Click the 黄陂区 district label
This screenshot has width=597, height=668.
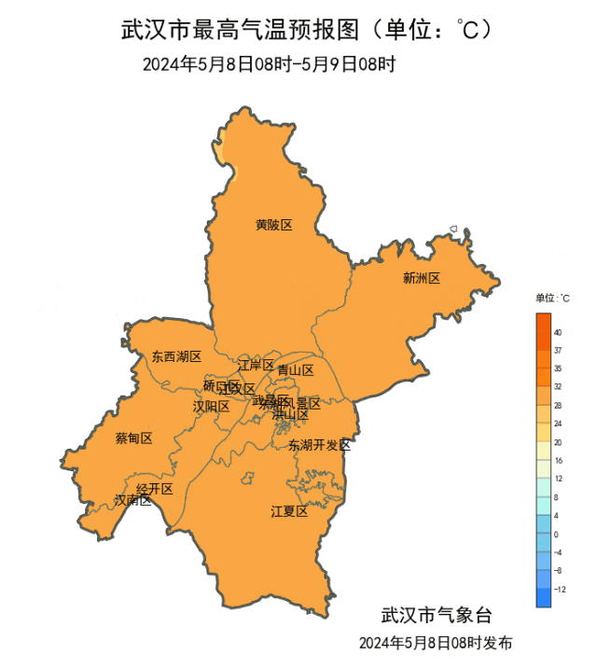click(274, 225)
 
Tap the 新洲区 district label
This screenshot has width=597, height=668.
click(421, 278)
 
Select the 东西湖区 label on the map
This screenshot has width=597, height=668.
click(176, 356)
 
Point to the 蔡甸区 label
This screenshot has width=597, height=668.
click(133, 438)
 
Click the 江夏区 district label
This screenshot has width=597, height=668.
click(289, 511)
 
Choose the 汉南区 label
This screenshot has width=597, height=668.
click(132, 500)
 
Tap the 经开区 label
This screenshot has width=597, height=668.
click(155, 489)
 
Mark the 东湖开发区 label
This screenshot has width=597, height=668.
click(319, 445)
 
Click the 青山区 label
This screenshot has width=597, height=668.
click(296, 369)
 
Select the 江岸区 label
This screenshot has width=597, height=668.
click(256, 365)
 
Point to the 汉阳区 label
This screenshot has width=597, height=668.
click(211, 406)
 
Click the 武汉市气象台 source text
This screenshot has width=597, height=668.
click(436, 617)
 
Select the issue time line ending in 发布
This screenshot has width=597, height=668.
click(436, 644)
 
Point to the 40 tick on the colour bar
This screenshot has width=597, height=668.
click(557, 332)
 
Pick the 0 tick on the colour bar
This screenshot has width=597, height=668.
click(556, 535)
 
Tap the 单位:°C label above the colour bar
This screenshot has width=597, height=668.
click(552, 299)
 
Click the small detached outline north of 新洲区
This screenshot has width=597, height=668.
click(453, 229)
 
